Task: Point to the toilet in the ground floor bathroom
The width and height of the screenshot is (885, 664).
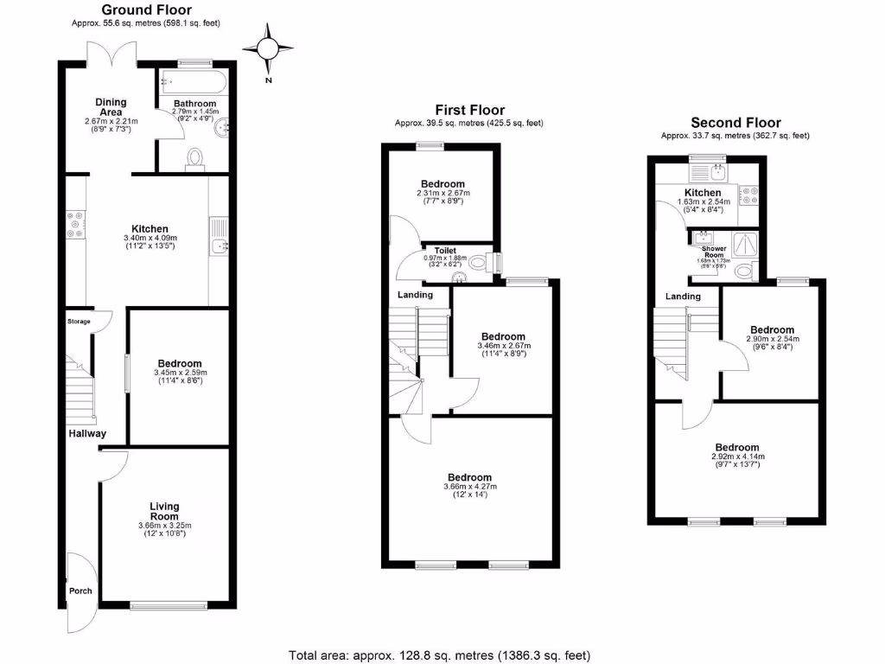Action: coord(195,158)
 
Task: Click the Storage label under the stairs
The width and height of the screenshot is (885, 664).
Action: coord(78,321)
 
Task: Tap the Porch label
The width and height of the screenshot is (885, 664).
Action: coord(80,591)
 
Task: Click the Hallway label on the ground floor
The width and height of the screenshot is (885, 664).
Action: coord(87,434)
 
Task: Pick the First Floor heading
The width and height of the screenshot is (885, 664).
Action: coord(469,110)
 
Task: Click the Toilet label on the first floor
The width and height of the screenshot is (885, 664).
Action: coord(445,250)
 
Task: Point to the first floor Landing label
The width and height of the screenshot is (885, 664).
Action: coord(415,295)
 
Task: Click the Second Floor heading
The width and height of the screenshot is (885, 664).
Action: coord(735,123)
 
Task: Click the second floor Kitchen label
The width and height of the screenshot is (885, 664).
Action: coord(703,193)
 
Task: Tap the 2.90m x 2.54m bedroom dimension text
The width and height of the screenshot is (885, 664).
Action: coord(772,341)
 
